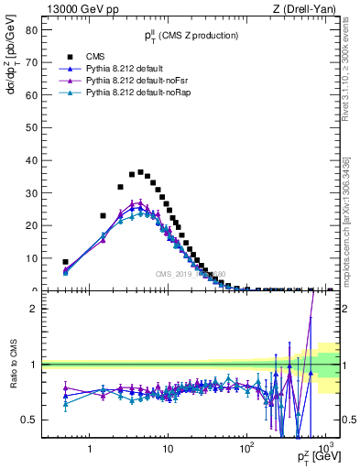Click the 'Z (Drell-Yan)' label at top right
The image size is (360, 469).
tap(308, 9)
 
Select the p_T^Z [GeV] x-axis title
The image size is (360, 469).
tap(315, 457)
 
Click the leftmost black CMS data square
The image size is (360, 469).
tap(65, 262)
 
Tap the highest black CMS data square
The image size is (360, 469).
tap(140, 172)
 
